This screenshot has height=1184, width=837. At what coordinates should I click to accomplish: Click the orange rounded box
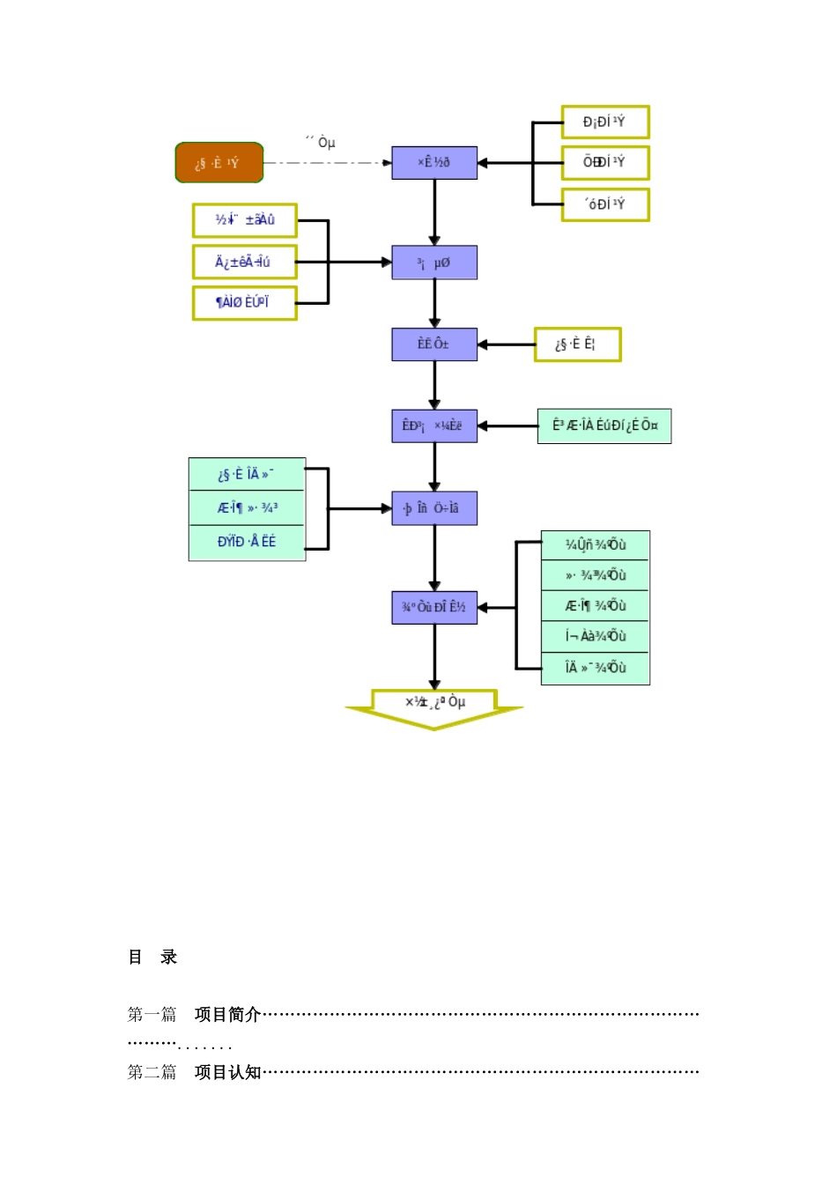pyautogui.click(x=219, y=163)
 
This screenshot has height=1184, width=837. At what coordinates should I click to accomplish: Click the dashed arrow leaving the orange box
pyautogui.click(x=326, y=163)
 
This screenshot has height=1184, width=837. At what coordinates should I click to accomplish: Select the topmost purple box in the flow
pyautogui.click(x=434, y=163)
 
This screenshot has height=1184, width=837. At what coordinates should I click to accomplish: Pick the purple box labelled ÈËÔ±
pyautogui.click(x=434, y=344)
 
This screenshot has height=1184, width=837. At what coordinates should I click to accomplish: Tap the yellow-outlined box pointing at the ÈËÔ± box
pyautogui.click(x=577, y=344)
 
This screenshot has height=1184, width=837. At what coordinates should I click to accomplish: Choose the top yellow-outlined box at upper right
pyautogui.click(x=605, y=122)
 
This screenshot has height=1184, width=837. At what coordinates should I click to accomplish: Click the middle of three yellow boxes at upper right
pyautogui.click(x=605, y=163)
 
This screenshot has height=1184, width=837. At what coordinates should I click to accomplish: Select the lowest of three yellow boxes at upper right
pyautogui.click(x=605, y=204)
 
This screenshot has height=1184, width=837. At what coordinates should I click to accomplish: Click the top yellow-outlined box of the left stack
pyautogui.click(x=245, y=220)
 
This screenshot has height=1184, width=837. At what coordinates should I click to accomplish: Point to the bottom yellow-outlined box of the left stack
pyautogui.click(x=245, y=303)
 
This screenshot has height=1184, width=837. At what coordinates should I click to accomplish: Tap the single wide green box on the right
pyautogui.click(x=604, y=426)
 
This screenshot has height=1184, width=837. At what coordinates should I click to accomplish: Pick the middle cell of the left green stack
pyautogui.click(x=247, y=508)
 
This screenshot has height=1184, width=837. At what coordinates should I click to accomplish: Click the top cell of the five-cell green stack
pyautogui.click(x=596, y=545)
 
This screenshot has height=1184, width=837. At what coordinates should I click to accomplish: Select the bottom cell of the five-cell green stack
pyautogui.click(x=596, y=669)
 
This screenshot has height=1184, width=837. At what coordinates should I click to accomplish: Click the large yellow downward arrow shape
pyautogui.click(x=433, y=709)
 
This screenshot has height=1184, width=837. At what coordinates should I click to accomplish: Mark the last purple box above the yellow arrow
pyautogui.click(x=434, y=608)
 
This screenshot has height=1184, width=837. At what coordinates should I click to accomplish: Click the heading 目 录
pyautogui.click(x=152, y=958)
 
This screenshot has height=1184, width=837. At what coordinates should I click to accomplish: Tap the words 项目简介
pyautogui.click(x=227, y=1015)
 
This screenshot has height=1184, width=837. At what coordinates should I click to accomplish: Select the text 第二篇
pyautogui.click(x=152, y=1073)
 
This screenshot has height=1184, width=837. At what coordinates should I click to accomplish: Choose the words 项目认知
pyautogui.click(x=227, y=1073)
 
